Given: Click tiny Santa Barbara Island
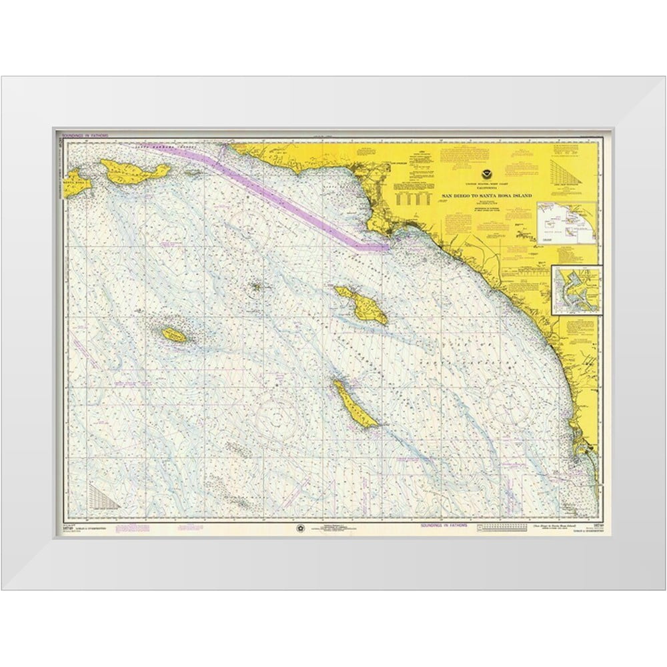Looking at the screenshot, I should (x=256, y=288).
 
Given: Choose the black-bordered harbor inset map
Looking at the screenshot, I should (x=577, y=288).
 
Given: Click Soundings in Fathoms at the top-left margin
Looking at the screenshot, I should (x=83, y=135).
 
